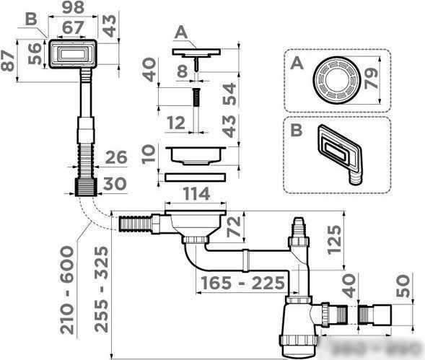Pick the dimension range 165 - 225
243,282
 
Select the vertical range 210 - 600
68,289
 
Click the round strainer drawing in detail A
336,79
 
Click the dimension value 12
174,124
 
